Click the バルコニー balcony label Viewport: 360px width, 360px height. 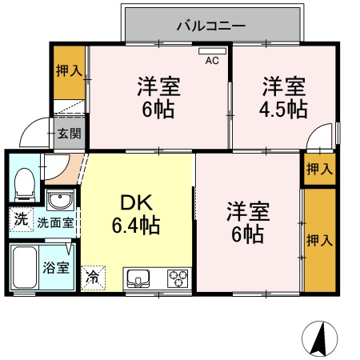[x=211, y=26]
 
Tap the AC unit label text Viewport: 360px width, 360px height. [x=212, y=61]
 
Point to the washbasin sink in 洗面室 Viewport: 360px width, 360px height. [x=58, y=200]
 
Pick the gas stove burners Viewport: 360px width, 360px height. [x=178, y=278]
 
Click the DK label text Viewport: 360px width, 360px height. [x=134, y=202]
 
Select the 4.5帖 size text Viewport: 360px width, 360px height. [x=284, y=108]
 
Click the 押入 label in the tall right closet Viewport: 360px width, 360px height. [x=320, y=240]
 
